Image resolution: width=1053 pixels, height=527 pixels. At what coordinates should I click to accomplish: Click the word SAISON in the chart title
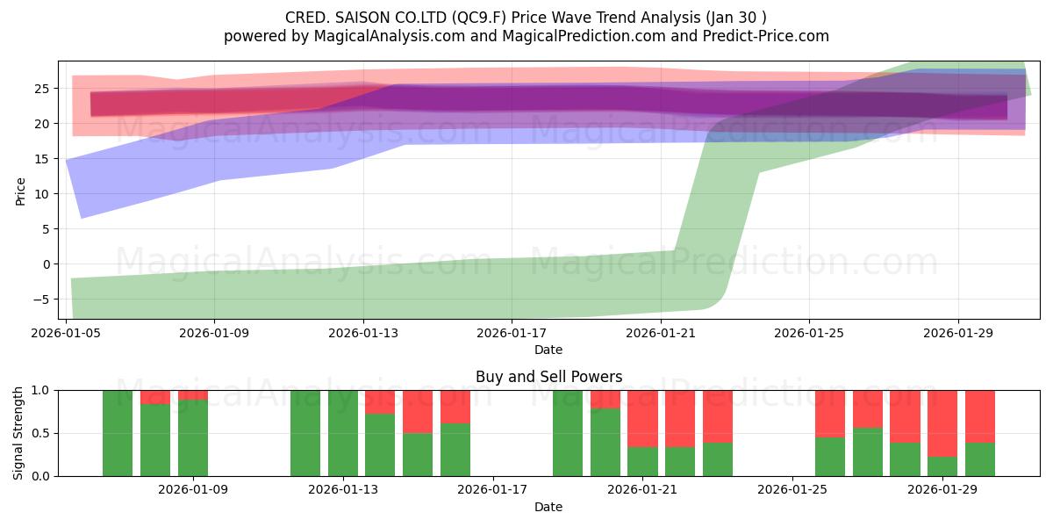pos(360,18)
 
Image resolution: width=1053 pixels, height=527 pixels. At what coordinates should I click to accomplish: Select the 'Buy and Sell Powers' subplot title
pos(548,377)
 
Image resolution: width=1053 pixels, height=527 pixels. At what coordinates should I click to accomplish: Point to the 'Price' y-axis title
pos(21,191)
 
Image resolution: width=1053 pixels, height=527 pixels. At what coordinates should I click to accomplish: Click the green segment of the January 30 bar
pos(980,459)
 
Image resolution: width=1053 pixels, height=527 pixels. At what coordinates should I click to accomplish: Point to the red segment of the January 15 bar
pos(418,411)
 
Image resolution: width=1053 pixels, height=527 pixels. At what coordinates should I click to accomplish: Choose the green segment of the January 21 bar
pos(642,461)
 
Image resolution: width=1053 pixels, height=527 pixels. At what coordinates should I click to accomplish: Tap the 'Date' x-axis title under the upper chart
pos(548,350)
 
